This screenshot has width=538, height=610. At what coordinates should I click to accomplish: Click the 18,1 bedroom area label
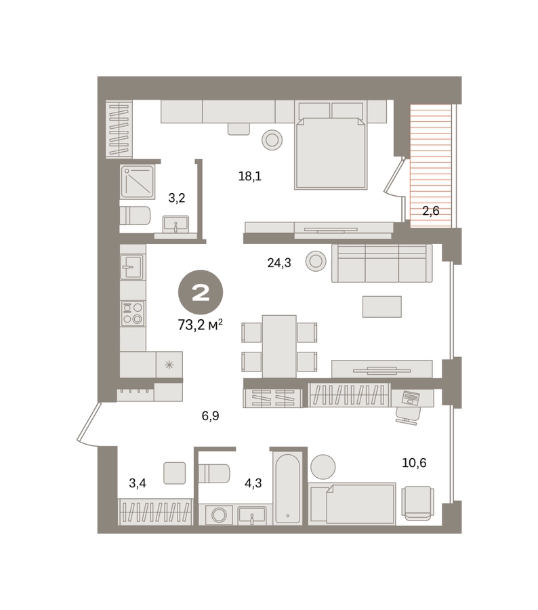pos(250,177)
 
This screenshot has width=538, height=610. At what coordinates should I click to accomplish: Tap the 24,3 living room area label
pos(279,264)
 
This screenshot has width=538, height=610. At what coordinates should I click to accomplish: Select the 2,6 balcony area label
pos(431,211)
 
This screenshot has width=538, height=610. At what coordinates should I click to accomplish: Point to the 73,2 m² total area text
pos(201,325)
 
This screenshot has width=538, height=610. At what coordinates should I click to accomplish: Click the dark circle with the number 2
pos(201,293)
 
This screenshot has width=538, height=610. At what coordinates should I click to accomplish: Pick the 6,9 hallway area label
pos(211,416)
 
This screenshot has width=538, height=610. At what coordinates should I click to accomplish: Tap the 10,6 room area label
pos(414,463)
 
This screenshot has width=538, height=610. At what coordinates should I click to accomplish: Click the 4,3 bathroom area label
pos(253,483)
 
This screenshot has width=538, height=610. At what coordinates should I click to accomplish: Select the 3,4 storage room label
pos(138,483)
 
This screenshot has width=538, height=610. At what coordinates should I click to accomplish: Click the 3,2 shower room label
pos(177,199)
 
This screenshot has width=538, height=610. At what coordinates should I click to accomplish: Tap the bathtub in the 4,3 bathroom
pos(287,488)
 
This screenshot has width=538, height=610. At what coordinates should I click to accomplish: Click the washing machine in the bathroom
pos(219,515)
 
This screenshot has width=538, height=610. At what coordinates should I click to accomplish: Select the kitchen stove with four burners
pos(133,314)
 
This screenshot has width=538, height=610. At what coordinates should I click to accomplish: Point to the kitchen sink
pos(131,266)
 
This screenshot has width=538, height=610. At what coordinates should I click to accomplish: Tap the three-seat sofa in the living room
pos(381,263)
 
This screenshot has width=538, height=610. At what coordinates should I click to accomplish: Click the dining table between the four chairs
pos(279,346)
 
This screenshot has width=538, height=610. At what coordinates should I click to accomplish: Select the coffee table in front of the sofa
pos(381,306)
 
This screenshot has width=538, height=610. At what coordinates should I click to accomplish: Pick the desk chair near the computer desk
pos(408,415)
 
